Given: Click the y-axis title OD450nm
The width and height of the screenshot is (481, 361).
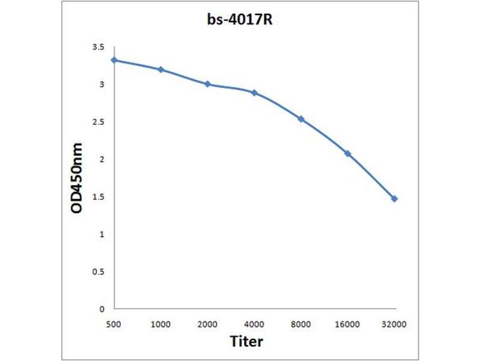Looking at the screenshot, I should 76,178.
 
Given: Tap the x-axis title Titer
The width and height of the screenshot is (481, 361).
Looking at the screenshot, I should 247,342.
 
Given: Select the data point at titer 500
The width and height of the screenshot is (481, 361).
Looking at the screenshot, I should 114,60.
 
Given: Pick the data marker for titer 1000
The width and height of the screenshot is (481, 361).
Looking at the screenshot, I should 161,70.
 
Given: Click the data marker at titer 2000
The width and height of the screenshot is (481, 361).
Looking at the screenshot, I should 207,84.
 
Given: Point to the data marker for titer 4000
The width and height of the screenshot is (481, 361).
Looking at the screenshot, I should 254,93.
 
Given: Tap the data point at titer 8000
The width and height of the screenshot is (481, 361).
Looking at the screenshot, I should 301,119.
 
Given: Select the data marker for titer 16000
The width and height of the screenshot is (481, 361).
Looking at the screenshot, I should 348,154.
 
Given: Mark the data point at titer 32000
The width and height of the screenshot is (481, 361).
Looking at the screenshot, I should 394,199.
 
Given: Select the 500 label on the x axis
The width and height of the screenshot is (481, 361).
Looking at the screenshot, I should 114,324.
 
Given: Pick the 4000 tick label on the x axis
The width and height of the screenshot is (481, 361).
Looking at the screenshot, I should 254,324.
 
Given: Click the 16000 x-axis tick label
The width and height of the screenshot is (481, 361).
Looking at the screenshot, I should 348,324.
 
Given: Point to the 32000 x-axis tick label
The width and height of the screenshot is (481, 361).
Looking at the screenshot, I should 394,324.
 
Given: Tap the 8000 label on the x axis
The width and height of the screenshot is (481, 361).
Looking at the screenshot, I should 301,324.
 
